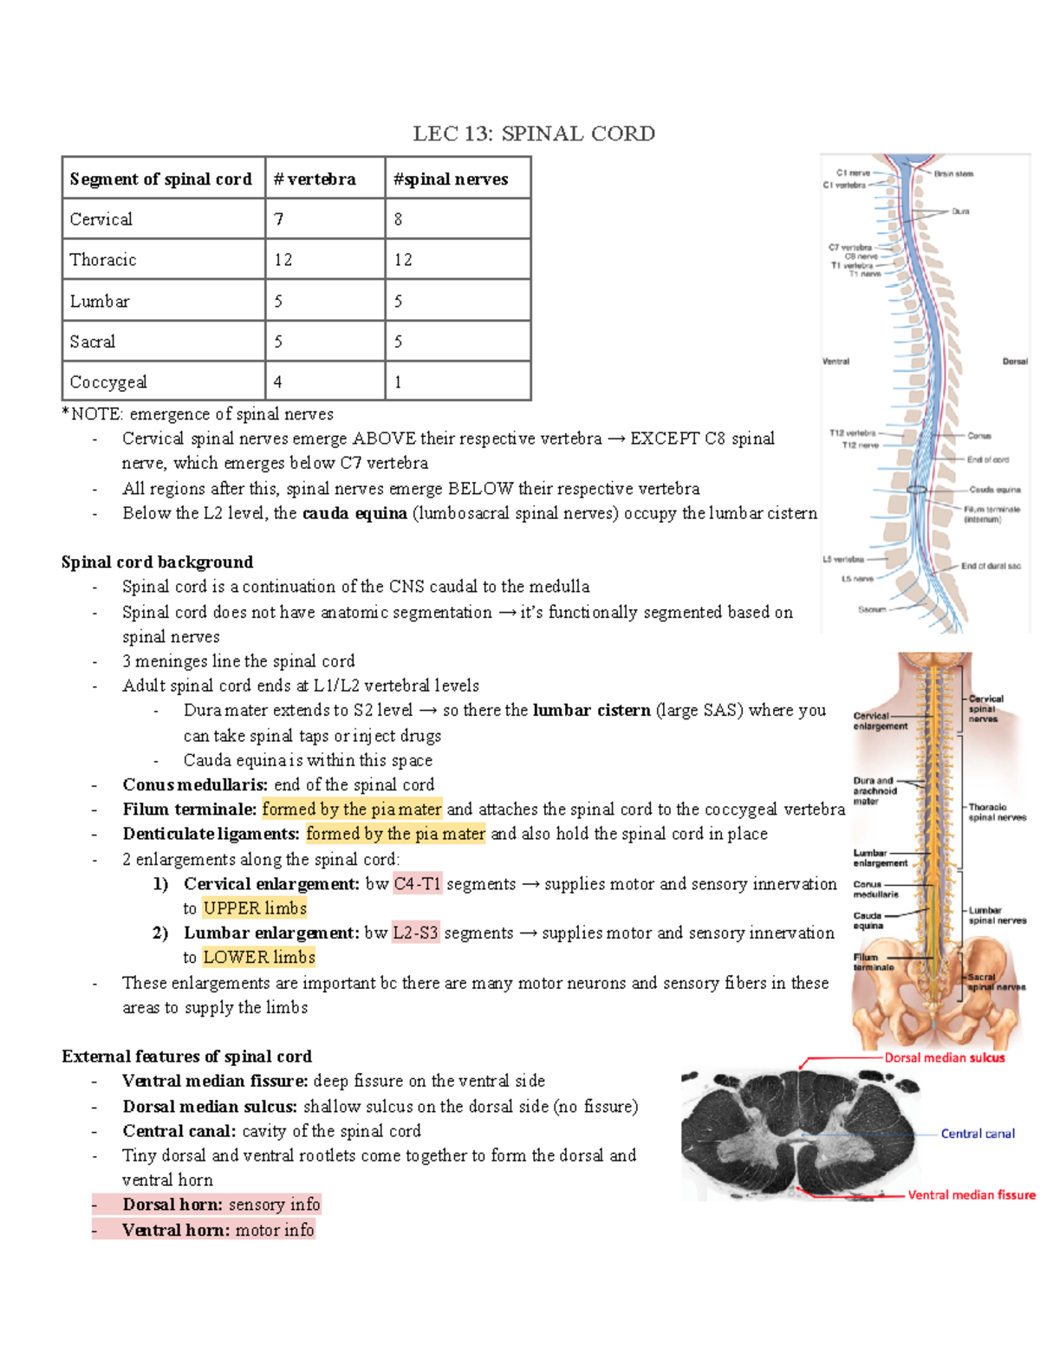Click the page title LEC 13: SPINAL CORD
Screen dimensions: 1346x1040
(533, 133)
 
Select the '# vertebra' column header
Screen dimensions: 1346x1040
(314, 179)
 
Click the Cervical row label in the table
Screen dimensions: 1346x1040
(101, 219)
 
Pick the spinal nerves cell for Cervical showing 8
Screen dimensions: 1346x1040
(399, 219)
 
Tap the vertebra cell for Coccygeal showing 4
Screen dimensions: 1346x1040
(278, 382)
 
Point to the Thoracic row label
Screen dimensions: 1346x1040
(103, 260)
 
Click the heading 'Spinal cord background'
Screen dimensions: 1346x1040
(157, 562)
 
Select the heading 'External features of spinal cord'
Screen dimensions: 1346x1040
(186, 1057)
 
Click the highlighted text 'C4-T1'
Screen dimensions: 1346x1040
(417, 884)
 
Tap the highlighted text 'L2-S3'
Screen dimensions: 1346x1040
(415, 933)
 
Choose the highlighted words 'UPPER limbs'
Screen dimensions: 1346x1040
(255, 908)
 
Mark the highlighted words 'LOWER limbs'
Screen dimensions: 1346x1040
(258, 958)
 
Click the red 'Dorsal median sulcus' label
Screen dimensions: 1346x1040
(944, 1058)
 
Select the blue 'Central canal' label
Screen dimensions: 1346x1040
(977, 1134)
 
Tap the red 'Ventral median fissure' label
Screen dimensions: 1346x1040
(971, 1195)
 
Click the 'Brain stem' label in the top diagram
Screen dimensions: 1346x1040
(953, 174)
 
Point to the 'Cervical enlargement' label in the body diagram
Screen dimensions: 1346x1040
(880, 721)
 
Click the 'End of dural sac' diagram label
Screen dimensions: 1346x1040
(991, 566)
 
